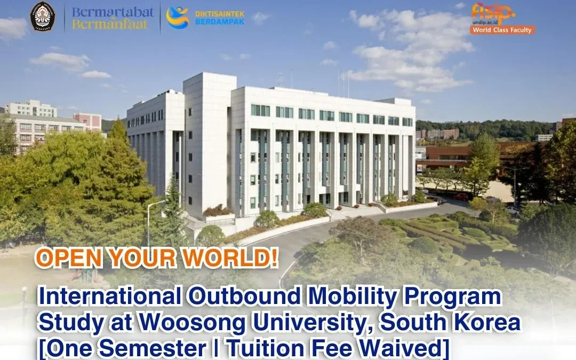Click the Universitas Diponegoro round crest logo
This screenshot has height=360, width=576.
(x=43, y=16)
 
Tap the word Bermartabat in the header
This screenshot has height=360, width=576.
(x=113, y=11)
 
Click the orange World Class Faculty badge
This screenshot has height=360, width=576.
(x=501, y=30)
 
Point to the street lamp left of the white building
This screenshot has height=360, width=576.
(x=149, y=221)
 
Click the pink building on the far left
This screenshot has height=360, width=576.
(x=88, y=121)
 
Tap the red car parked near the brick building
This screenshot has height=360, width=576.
(x=461, y=197)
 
